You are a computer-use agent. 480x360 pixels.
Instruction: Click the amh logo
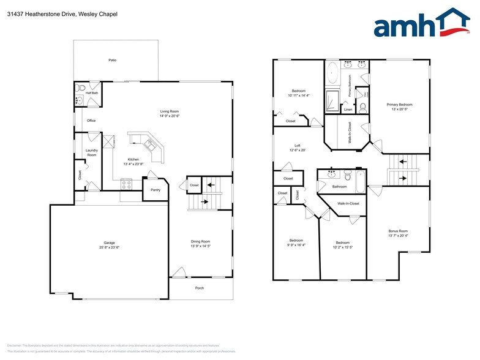[x=422, y=24]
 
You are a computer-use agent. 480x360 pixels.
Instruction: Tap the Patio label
[x=113, y=60]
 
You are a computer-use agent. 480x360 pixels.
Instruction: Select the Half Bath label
[x=92, y=94]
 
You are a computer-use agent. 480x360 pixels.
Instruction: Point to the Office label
[x=91, y=121]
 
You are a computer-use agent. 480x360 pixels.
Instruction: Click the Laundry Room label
[x=92, y=153]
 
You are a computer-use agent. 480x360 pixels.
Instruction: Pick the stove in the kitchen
[x=126, y=182]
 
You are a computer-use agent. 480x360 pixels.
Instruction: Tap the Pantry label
[x=156, y=190]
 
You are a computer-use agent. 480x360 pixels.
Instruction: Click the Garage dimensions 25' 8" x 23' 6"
[x=109, y=247]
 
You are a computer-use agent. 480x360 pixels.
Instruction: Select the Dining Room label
[x=201, y=241]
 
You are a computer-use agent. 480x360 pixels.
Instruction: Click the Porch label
[x=200, y=288]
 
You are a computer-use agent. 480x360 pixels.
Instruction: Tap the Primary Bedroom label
[x=399, y=105]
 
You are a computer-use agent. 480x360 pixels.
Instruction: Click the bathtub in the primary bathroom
[x=331, y=73]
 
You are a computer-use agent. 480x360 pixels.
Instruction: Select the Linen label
[x=348, y=110]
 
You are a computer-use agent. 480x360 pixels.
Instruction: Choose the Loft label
[x=298, y=146]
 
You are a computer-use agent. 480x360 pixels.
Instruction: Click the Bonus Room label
[x=398, y=231]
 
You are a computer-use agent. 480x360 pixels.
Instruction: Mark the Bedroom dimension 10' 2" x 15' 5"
[x=342, y=247]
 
